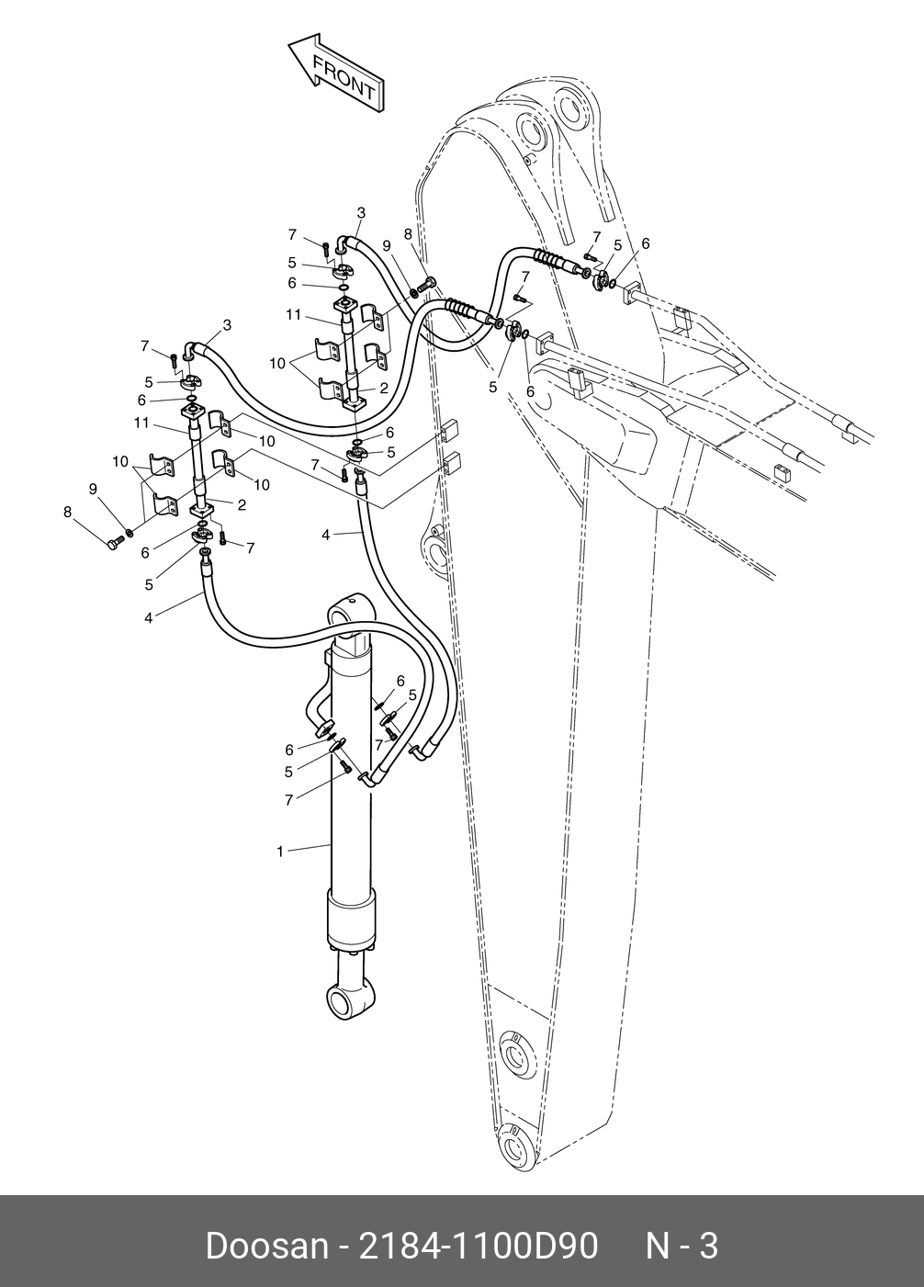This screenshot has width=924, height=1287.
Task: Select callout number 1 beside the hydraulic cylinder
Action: tap(280, 852)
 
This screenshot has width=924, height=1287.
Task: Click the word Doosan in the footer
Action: tap(265, 1247)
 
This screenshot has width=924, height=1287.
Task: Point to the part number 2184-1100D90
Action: tap(478, 1247)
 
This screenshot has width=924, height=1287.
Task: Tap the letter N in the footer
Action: tap(659, 1247)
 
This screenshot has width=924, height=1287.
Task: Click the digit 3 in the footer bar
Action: tap(708, 1247)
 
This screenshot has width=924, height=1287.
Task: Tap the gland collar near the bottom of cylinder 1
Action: tap(352, 923)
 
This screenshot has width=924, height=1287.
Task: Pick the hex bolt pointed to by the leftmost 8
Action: tap(114, 545)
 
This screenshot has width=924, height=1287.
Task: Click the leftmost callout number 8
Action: tap(68, 512)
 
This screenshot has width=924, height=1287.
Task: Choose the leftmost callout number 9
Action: tap(93, 489)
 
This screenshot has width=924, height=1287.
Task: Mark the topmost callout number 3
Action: tap(361, 212)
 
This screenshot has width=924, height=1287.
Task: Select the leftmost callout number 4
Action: tap(149, 617)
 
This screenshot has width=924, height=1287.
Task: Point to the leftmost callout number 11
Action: tap(141, 423)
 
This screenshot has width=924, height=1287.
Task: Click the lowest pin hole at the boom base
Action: tap(517, 1147)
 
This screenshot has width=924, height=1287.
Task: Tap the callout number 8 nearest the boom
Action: tap(407, 234)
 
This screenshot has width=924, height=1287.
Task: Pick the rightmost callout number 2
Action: tap(384, 388)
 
